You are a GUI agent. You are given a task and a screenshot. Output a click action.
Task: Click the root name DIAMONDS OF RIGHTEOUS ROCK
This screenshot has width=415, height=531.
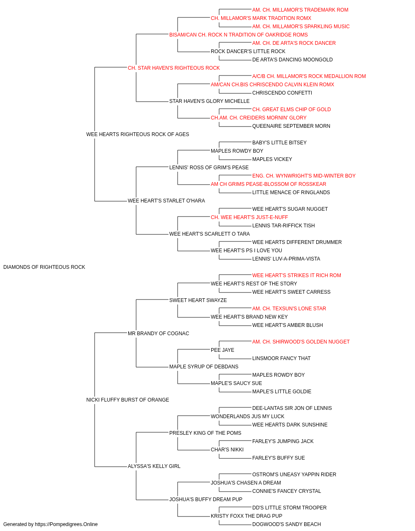[x=44, y=267]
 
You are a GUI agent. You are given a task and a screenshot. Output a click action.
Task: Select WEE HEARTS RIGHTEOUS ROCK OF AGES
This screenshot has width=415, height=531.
[x=138, y=134]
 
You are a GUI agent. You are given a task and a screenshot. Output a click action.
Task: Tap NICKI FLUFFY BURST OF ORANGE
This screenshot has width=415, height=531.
[x=127, y=400]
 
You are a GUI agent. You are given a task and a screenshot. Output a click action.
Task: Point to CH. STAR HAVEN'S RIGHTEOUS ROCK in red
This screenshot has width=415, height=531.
[x=174, y=68]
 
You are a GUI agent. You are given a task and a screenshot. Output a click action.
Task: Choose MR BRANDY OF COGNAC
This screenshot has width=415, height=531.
[x=159, y=334]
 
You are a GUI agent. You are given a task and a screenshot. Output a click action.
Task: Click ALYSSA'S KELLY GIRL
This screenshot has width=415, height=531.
[x=154, y=466]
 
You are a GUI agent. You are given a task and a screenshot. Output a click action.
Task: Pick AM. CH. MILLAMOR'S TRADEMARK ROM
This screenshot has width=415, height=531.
[x=300, y=10]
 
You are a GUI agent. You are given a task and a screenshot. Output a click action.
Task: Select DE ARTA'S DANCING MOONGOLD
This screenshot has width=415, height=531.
[x=292, y=60]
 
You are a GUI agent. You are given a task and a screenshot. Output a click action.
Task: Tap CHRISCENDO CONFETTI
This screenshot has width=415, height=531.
[x=282, y=93]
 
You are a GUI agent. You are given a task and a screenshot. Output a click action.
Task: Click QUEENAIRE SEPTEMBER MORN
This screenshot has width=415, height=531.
[x=291, y=126]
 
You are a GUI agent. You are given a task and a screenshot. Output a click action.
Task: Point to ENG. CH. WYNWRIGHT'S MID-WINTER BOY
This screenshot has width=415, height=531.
[x=304, y=176]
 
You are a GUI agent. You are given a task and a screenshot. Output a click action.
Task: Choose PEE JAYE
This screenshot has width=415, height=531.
[x=222, y=350]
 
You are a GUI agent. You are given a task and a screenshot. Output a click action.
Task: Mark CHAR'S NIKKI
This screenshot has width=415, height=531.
[x=227, y=450]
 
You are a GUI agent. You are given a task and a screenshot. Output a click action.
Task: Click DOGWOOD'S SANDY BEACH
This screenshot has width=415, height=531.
[x=286, y=524]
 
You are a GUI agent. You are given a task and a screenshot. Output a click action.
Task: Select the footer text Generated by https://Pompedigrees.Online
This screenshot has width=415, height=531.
[x=50, y=524]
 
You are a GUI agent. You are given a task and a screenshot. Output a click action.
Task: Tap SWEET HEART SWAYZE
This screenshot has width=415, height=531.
[x=198, y=300]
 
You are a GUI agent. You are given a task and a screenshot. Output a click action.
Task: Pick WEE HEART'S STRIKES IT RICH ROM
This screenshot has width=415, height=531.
[x=296, y=275]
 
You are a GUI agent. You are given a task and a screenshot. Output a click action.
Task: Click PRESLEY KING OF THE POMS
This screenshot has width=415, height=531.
[x=205, y=433]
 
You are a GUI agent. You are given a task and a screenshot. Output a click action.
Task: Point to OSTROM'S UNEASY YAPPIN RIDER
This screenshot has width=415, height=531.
[x=294, y=475]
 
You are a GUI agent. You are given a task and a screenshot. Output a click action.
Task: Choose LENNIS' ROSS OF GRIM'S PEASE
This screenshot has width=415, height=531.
[x=209, y=168]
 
